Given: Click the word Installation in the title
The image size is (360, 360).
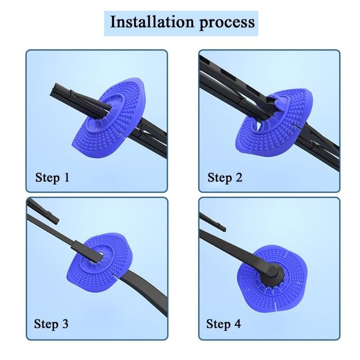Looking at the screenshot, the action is coord(152,22).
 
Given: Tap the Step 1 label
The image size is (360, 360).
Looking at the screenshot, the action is coord(52,178).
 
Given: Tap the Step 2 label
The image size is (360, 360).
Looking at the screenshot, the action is coord(225,178).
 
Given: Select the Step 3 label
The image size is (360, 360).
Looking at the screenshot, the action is coord(51,324).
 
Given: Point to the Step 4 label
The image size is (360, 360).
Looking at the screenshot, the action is coord(224,324).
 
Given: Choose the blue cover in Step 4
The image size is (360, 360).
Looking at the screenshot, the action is coord(272,278).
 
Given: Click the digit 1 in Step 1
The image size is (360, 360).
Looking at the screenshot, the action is coord(66,177).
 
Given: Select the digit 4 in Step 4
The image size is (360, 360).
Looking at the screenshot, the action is coord(238,324).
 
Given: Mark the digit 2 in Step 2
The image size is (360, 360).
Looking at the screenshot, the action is coord(239,177).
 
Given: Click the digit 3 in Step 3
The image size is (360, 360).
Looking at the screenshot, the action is coord(65,324).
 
